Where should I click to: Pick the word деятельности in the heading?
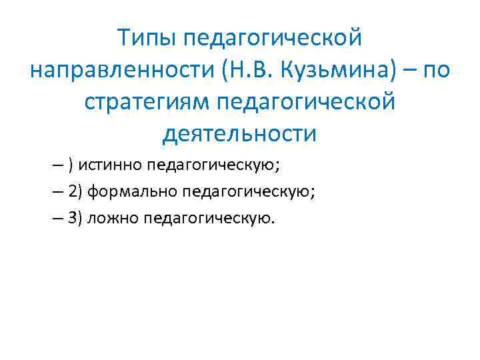coord(239,133)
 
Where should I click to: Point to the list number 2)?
coord(75,192)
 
